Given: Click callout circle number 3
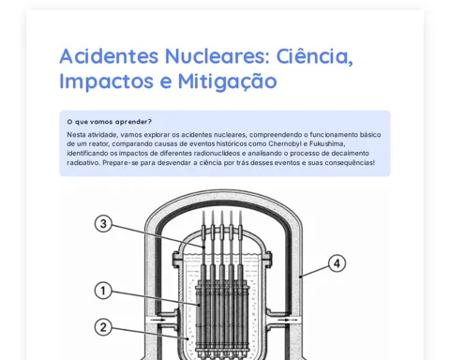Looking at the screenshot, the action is pyautogui.click(x=103, y=224).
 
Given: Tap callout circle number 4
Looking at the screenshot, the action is pyautogui.click(x=337, y=263).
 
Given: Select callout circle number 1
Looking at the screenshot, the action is pyautogui.click(x=103, y=291).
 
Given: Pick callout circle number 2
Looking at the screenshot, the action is pyautogui.click(x=103, y=327).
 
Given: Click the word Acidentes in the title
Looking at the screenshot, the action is pyautogui.click(x=109, y=56).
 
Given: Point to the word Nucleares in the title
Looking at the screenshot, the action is pyautogui.click(x=217, y=56).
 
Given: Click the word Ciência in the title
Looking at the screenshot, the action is pyautogui.click(x=315, y=56).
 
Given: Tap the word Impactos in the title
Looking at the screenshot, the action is pyautogui.click(x=106, y=82).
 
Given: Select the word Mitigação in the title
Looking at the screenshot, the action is pyautogui.click(x=228, y=82).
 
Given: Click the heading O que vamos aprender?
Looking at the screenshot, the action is pyautogui.click(x=110, y=122).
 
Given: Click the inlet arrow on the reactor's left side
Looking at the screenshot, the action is pyautogui.click(x=159, y=320).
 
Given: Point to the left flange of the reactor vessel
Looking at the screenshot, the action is pyautogui.click(x=176, y=259).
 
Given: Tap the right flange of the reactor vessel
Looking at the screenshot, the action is pyautogui.click(x=268, y=259).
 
